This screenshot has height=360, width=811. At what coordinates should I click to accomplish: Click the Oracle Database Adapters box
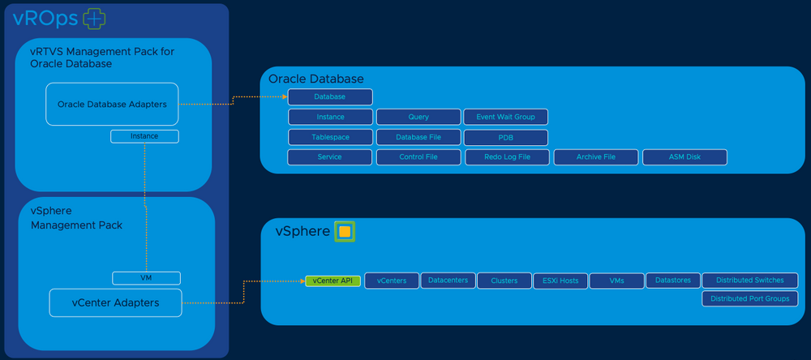coord(112,104)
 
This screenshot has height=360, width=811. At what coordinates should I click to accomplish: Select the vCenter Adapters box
coord(115,302)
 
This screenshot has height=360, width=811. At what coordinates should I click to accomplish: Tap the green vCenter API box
coord(333,281)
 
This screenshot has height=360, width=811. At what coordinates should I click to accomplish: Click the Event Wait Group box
coord(505,117)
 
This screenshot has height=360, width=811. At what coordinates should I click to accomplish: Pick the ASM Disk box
coord(684,157)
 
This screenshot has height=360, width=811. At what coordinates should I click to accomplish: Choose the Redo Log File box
coord(508,157)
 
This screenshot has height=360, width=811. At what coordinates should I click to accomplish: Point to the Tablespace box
coord(331,137)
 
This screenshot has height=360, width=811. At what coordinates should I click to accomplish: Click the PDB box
coord(506,138)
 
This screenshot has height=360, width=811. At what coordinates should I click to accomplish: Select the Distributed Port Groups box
coord(750,298)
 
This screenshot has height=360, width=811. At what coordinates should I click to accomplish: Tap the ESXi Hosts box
coord(560,281)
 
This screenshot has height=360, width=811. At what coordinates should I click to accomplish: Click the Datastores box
coord(673,281)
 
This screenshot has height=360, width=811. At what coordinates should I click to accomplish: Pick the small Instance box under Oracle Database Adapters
coord(144,136)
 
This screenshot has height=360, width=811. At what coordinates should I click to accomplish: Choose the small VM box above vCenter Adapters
coord(146,278)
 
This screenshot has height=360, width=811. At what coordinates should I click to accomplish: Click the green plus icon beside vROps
coord(94,19)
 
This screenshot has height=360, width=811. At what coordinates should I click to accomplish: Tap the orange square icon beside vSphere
coord(345,231)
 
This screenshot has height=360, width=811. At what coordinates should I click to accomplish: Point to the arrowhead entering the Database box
coord(285,96)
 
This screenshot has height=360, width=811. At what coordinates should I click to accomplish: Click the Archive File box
coord(596,157)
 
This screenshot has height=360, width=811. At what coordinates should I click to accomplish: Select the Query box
coord(418,117)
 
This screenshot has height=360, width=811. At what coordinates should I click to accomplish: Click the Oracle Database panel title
coord(316,79)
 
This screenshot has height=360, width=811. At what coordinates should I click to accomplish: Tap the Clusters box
coord(504,281)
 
